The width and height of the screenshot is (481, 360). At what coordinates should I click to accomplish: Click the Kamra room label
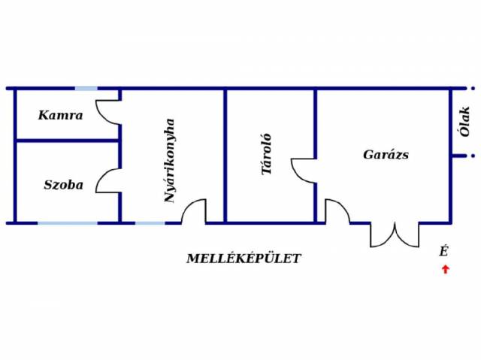click(x=60, y=116)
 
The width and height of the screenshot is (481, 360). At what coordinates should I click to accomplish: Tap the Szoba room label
click(x=63, y=185)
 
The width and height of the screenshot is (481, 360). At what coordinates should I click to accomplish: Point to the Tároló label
click(x=265, y=154)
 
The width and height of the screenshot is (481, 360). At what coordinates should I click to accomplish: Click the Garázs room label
click(x=386, y=155)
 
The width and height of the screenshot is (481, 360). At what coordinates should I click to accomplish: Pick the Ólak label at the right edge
click(x=465, y=121)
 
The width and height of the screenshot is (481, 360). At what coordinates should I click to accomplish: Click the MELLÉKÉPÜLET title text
click(x=244, y=259)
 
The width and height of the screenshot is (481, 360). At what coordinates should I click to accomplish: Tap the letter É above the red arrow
click(x=444, y=252)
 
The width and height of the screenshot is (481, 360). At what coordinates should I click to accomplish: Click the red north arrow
click(x=445, y=269)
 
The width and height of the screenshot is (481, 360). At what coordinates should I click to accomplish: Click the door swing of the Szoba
click(x=107, y=180)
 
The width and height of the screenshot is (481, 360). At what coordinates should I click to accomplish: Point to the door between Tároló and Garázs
click(x=304, y=171)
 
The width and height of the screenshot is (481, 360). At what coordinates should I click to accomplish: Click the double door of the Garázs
click(x=395, y=234)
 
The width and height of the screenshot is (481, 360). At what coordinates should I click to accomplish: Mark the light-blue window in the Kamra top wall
click(x=86, y=89)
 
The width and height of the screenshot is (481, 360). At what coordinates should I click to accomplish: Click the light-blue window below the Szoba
click(x=68, y=222)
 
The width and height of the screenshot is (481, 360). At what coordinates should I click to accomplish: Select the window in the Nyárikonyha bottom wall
click(x=150, y=222)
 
